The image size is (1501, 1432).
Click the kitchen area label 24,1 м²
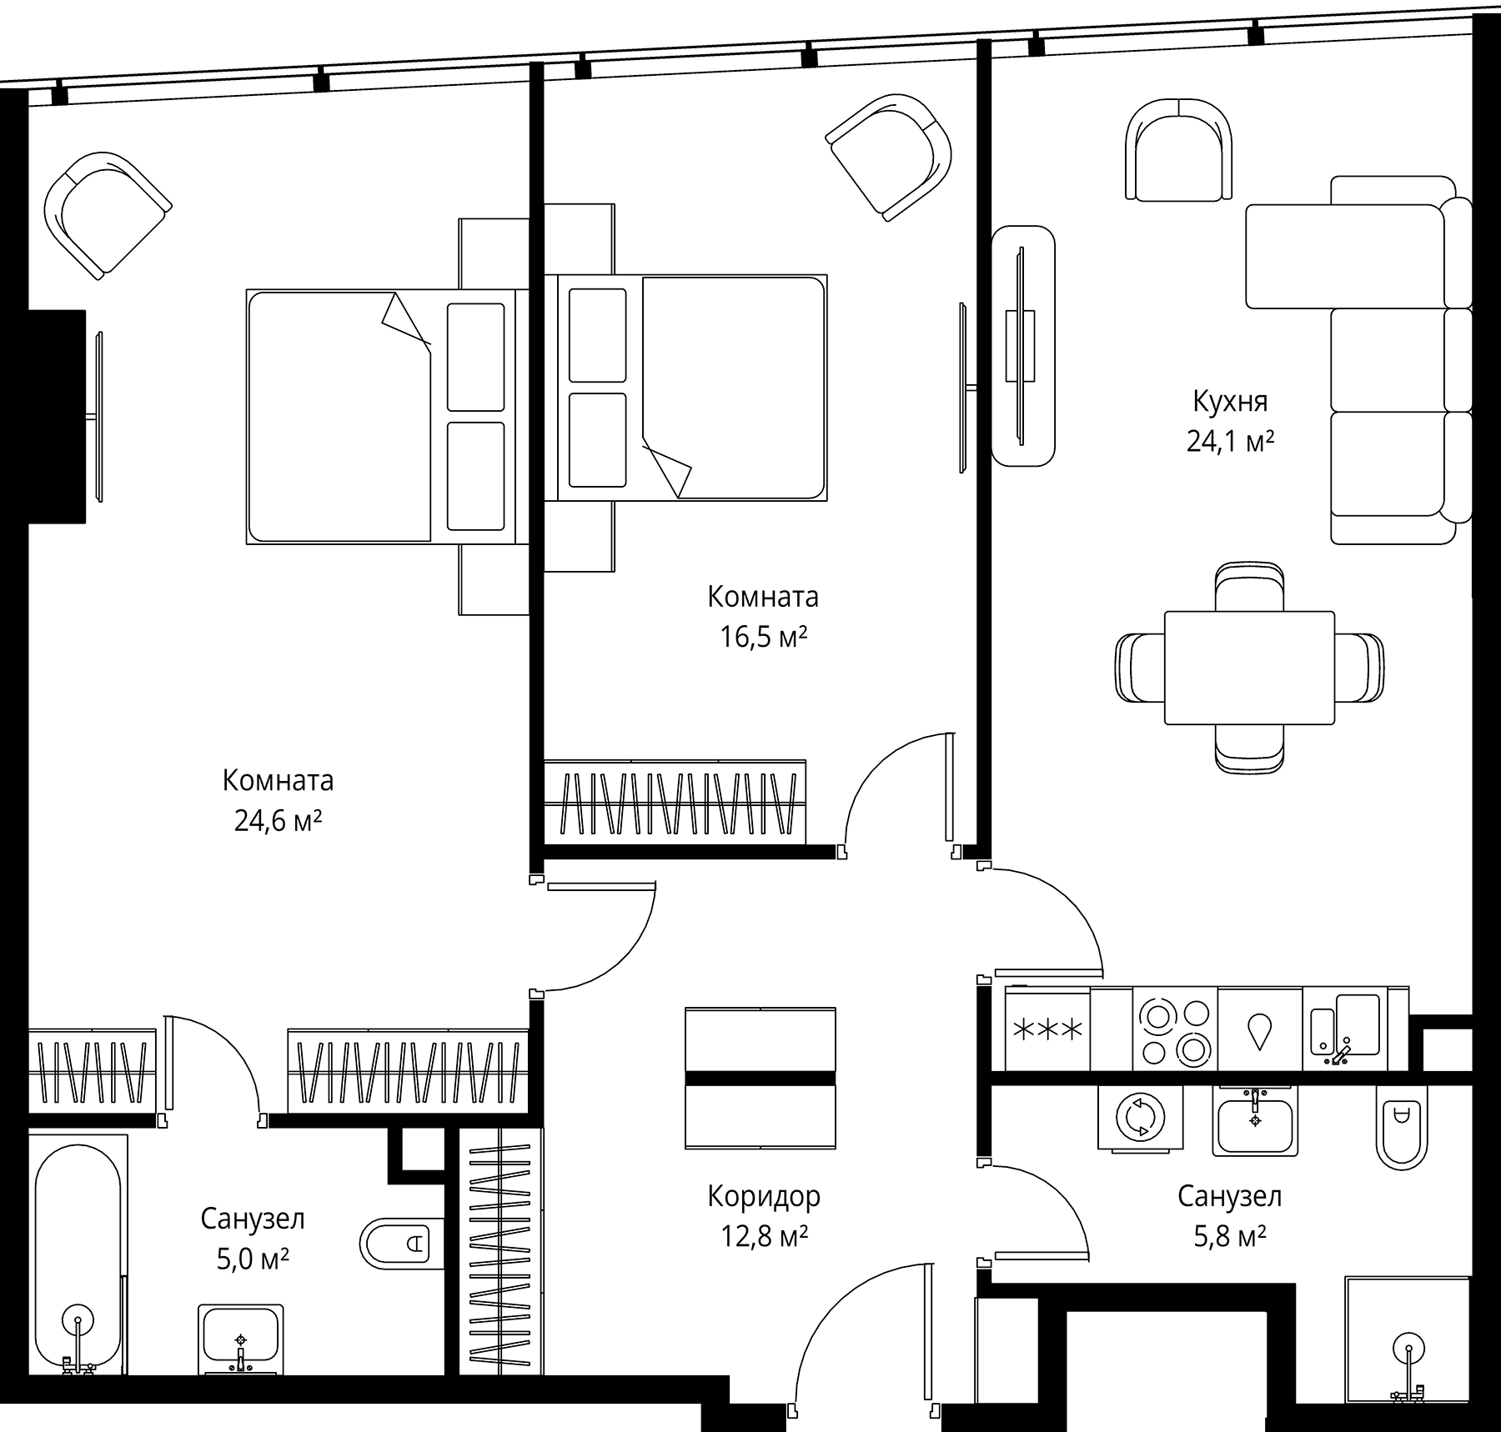(x=1230, y=441)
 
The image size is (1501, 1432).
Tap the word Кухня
(x=1230, y=402)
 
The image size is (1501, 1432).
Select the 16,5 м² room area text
(x=763, y=637)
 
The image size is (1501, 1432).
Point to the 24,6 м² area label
(x=278, y=821)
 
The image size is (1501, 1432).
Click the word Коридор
(x=764, y=1197)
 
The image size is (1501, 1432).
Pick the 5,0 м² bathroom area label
(x=253, y=1259)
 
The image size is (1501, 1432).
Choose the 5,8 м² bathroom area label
(x=1230, y=1235)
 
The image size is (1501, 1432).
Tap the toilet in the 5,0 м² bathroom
(x=395, y=1245)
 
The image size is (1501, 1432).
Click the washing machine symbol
(x=1140, y=1118)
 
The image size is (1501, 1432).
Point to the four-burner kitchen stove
(x=1175, y=1029)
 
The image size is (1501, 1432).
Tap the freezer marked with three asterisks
(x=1047, y=1029)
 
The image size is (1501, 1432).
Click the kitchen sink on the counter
(x=1346, y=1029)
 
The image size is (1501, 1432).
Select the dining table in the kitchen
(x=1249, y=668)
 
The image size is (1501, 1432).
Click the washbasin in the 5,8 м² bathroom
(x=1255, y=1121)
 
